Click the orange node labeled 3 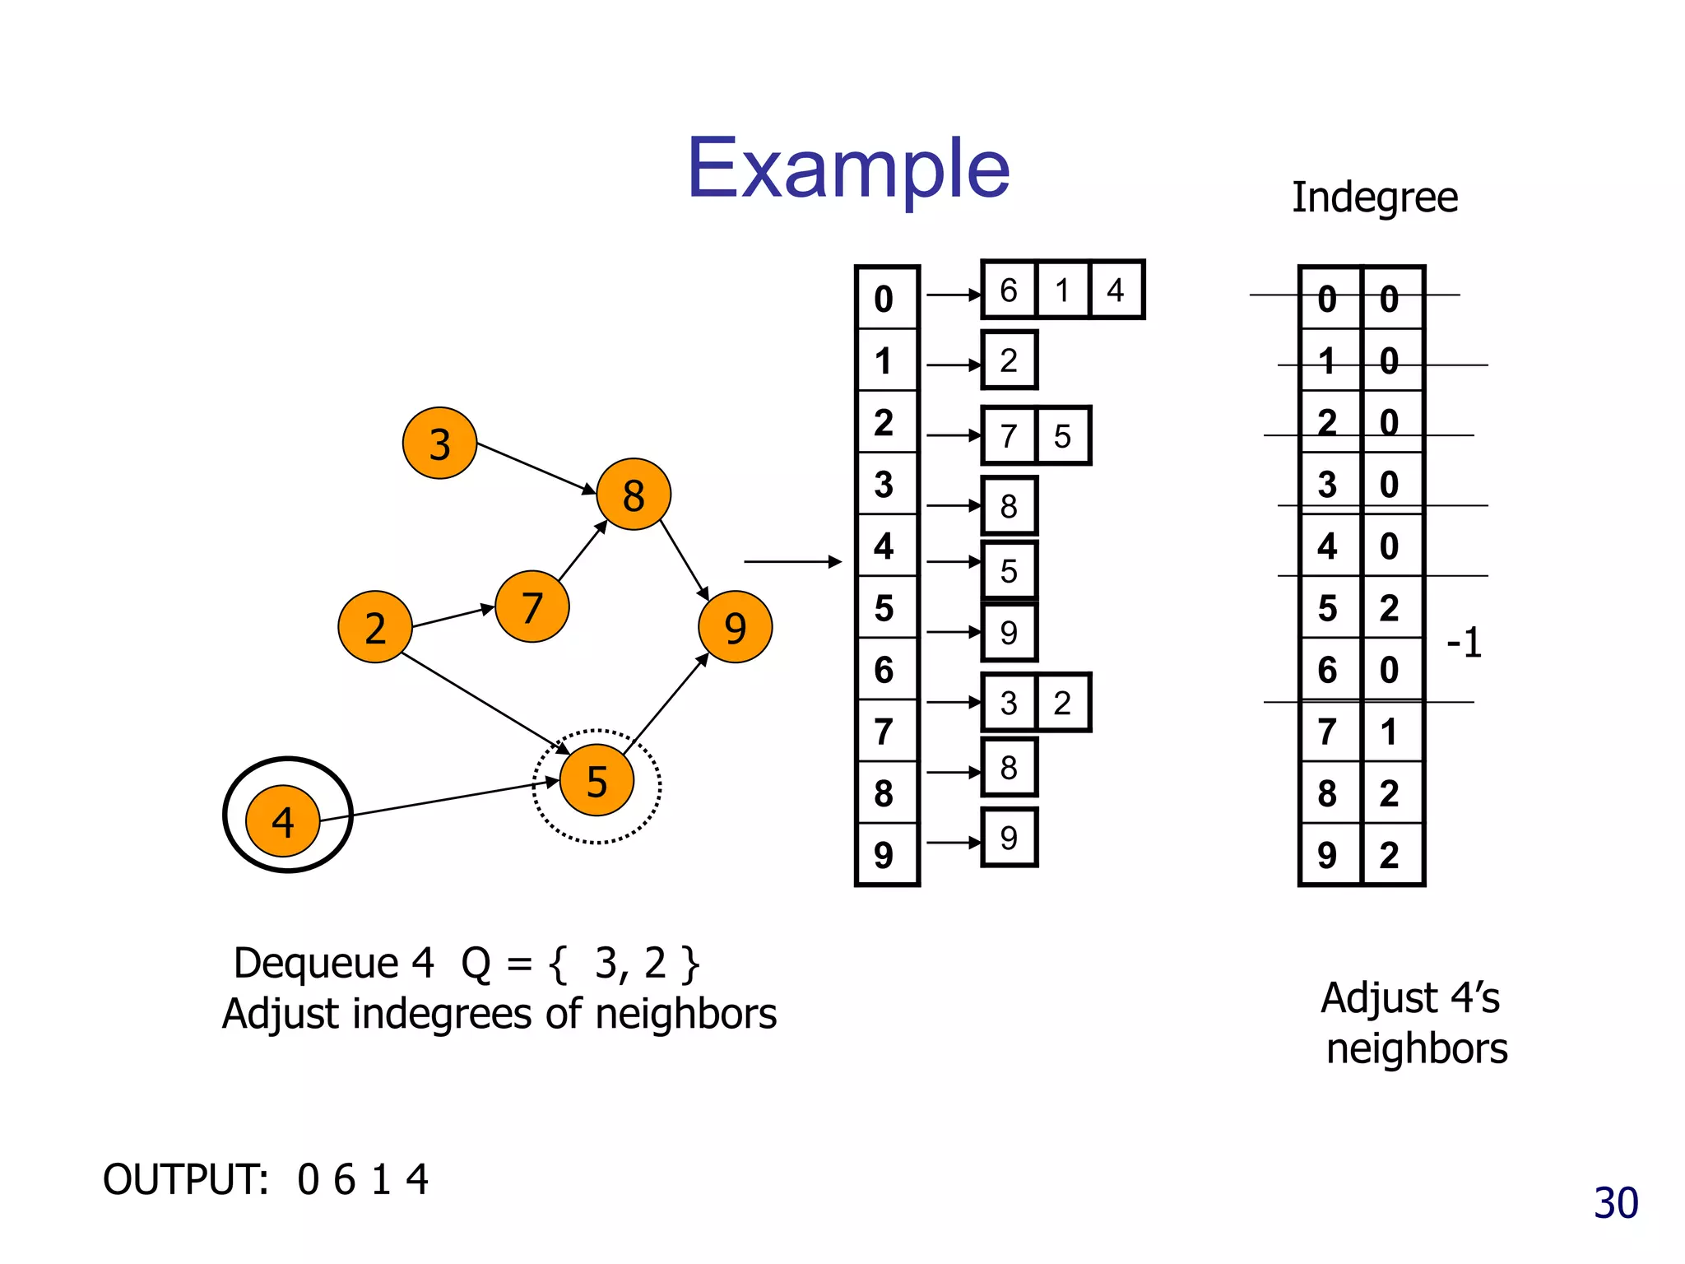439,444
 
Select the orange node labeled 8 633,495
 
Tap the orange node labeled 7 531,607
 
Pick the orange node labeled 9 735,627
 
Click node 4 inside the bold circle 283,820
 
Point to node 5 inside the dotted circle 596,780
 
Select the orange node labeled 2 375,627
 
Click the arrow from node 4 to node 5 436,800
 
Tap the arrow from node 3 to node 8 535,467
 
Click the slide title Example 848,169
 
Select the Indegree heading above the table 1374,197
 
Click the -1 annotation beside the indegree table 1465,643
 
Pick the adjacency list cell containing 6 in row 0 1009,290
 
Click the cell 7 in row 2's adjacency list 1009,436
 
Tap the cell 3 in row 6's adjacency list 1009,703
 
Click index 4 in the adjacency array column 884,546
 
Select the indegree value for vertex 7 1390,731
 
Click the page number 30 1616,1203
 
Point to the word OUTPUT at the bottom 186,1179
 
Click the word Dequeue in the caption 316,963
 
